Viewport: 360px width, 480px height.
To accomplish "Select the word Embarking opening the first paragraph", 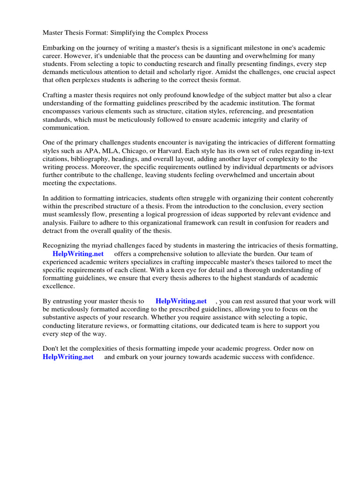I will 60,48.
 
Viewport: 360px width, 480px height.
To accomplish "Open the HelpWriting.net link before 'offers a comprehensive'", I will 78,254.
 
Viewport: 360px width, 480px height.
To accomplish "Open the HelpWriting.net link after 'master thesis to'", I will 181,301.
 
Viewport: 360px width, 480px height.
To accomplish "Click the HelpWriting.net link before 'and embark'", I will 68,357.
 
